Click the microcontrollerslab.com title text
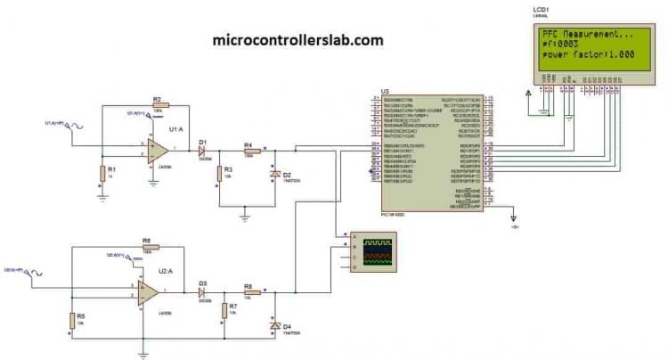(x=298, y=40)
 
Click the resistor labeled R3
(x=218, y=171)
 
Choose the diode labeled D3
(x=204, y=291)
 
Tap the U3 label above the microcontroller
(x=385, y=91)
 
